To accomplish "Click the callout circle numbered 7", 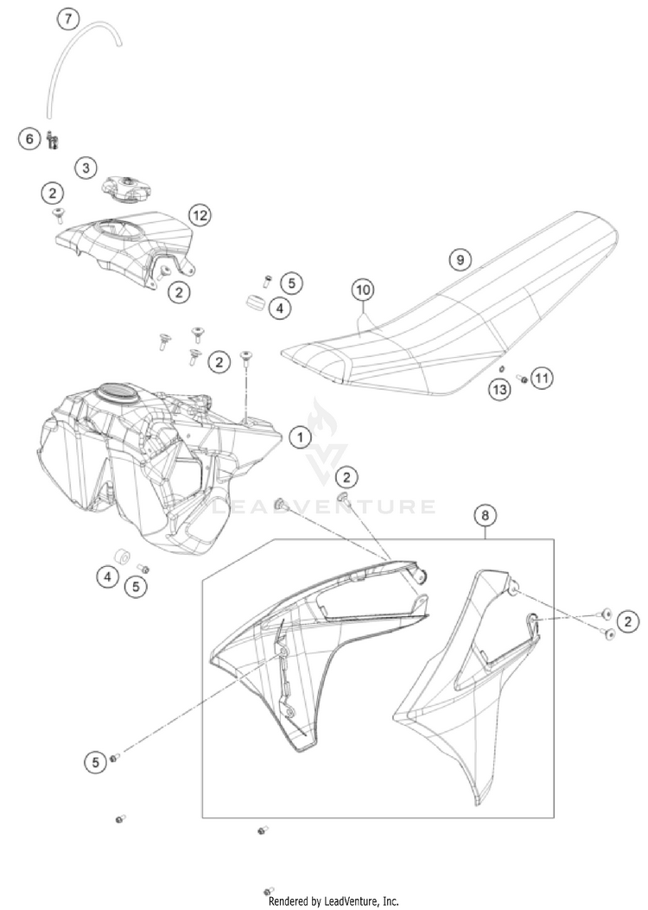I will point(69,18).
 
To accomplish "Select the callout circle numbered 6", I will point(29,138).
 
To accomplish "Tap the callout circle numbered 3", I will point(85,168).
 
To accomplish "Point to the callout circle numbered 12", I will point(200,214).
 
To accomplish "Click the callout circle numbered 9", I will point(460,258).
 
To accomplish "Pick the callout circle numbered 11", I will point(542,378).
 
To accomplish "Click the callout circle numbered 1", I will point(300,437).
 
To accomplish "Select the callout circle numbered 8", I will point(486,516).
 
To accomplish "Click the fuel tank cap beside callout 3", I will point(128,184).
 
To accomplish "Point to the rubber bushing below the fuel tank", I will point(122,554).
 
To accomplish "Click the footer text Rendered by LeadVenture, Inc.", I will point(334,900).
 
